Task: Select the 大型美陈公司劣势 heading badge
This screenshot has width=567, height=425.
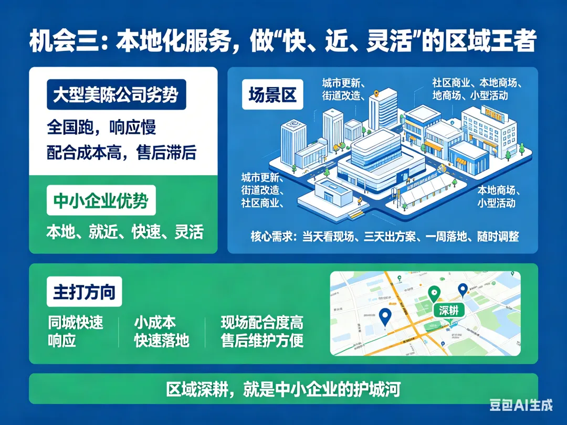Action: (116, 95)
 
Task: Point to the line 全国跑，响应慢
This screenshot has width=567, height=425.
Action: (101, 127)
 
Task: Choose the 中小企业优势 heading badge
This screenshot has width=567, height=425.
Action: (101, 200)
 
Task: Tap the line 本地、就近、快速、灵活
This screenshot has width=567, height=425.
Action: (124, 231)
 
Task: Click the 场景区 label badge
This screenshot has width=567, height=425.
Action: (272, 95)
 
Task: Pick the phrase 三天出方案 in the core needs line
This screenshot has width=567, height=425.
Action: (395, 237)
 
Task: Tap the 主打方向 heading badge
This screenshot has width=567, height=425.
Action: (84, 292)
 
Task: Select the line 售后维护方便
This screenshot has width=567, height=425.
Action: (262, 341)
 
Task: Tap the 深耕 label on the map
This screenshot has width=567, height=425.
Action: (449, 310)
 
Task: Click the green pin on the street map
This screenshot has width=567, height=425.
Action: (434, 294)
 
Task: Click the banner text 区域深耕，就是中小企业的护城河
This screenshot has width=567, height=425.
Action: (283, 389)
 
